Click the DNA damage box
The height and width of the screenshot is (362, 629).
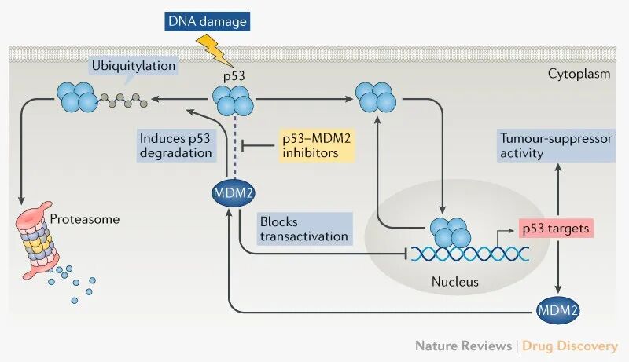(x=206, y=21)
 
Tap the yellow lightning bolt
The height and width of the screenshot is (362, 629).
(x=214, y=50)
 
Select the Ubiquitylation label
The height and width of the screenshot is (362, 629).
(x=133, y=66)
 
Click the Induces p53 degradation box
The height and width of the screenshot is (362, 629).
(x=175, y=145)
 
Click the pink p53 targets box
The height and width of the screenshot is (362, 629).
(x=555, y=228)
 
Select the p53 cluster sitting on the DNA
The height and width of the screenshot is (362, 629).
(x=451, y=232)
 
